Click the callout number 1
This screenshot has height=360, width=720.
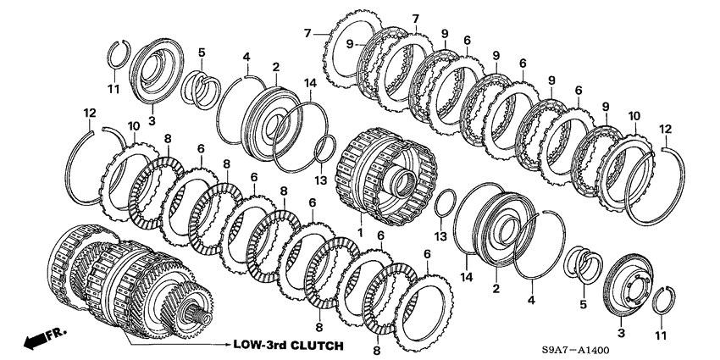point(360,233)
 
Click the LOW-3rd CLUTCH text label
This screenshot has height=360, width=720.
point(288,345)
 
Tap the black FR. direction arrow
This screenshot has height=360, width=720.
point(35,340)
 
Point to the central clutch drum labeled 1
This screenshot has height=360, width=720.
point(385,177)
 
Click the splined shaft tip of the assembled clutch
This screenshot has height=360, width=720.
point(202,317)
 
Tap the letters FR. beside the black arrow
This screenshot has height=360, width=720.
point(57,330)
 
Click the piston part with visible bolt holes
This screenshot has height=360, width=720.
point(629,285)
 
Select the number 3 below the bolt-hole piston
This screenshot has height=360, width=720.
point(621,332)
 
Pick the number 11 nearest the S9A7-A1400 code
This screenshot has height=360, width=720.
point(660,336)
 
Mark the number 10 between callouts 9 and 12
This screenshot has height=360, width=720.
point(634,116)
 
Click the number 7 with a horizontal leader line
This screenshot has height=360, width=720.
point(307,32)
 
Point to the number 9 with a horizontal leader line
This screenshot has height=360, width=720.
point(350,44)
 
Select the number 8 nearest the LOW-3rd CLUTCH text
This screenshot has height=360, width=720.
point(319,328)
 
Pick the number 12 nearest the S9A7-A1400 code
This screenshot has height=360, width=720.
point(665,130)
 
